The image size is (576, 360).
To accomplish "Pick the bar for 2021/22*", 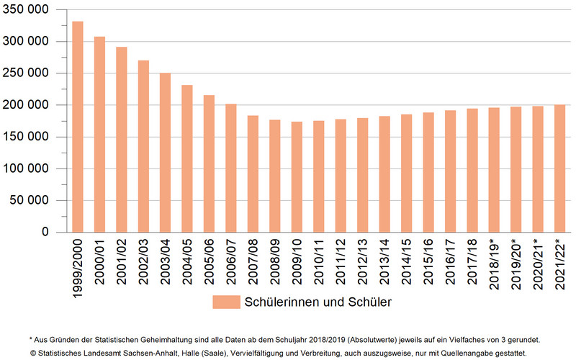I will [559, 168].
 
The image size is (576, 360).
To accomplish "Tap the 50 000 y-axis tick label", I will [37, 200].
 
